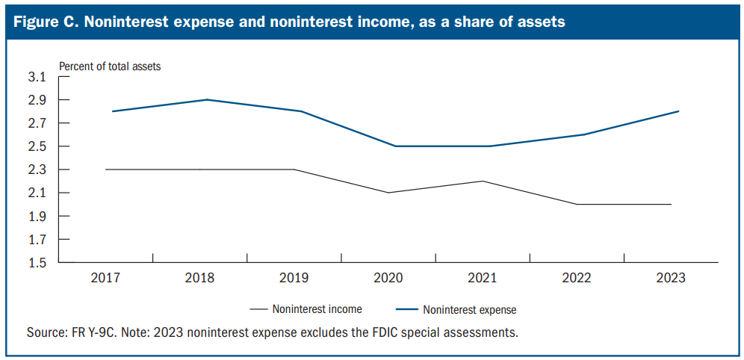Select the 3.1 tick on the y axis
[37, 77]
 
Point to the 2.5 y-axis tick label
[37, 146]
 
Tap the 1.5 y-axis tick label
[37, 263]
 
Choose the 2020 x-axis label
[388, 278]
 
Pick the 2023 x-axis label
[670, 278]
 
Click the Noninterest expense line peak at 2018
[206, 99]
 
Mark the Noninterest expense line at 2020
[395, 146]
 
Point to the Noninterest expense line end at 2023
[678, 111]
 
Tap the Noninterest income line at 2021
[483, 181]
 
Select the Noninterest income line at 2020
[388, 193]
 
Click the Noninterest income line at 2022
[577, 205]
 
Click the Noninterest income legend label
[317, 308]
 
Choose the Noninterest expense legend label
[469, 308]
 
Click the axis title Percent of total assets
[110, 66]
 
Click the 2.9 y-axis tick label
[37, 100]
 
